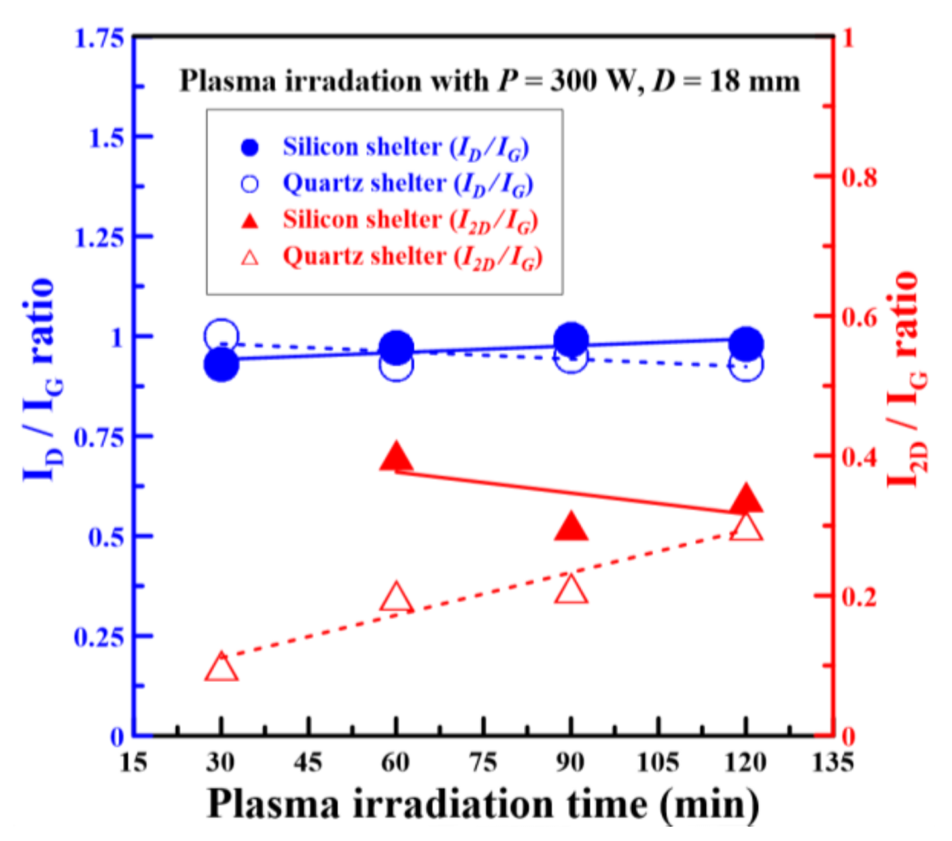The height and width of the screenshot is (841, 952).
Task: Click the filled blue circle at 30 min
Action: pyautogui.click(x=221, y=365)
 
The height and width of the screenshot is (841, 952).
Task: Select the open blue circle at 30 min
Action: pyautogui.click(x=221, y=335)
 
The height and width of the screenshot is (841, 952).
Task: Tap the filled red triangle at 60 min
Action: pyautogui.click(x=396, y=458)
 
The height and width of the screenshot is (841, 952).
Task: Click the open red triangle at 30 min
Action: pyautogui.click(x=221, y=668)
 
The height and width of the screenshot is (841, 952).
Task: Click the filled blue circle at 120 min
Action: pyautogui.click(x=746, y=344)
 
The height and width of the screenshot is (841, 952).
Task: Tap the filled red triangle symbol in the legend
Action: pyautogui.click(x=250, y=221)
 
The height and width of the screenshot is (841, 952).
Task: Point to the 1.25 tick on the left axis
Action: pyautogui.click(x=99, y=237)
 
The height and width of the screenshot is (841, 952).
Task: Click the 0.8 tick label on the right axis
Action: pyautogui.click(x=859, y=177)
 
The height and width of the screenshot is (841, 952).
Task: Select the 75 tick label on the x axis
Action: pyautogui.click(x=483, y=762)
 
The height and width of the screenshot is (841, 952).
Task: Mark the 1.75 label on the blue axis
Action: pyautogui.click(x=99, y=38)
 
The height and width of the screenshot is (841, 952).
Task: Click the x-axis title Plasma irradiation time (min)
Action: pyautogui.click(x=482, y=804)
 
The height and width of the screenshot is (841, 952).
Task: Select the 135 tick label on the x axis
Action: pyautogui.click(x=832, y=762)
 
